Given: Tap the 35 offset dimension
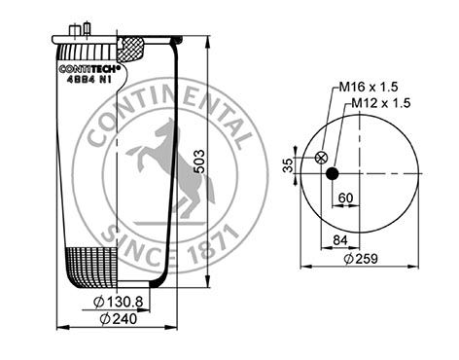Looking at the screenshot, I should pyautogui.click(x=287, y=164).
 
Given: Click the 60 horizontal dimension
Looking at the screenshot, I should pyautogui.click(x=344, y=198).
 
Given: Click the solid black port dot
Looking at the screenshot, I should pyautogui.click(x=332, y=174).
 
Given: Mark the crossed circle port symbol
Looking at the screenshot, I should pyautogui.click(x=320, y=158).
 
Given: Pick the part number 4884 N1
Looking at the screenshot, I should pyautogui.click(x=90, y=80).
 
